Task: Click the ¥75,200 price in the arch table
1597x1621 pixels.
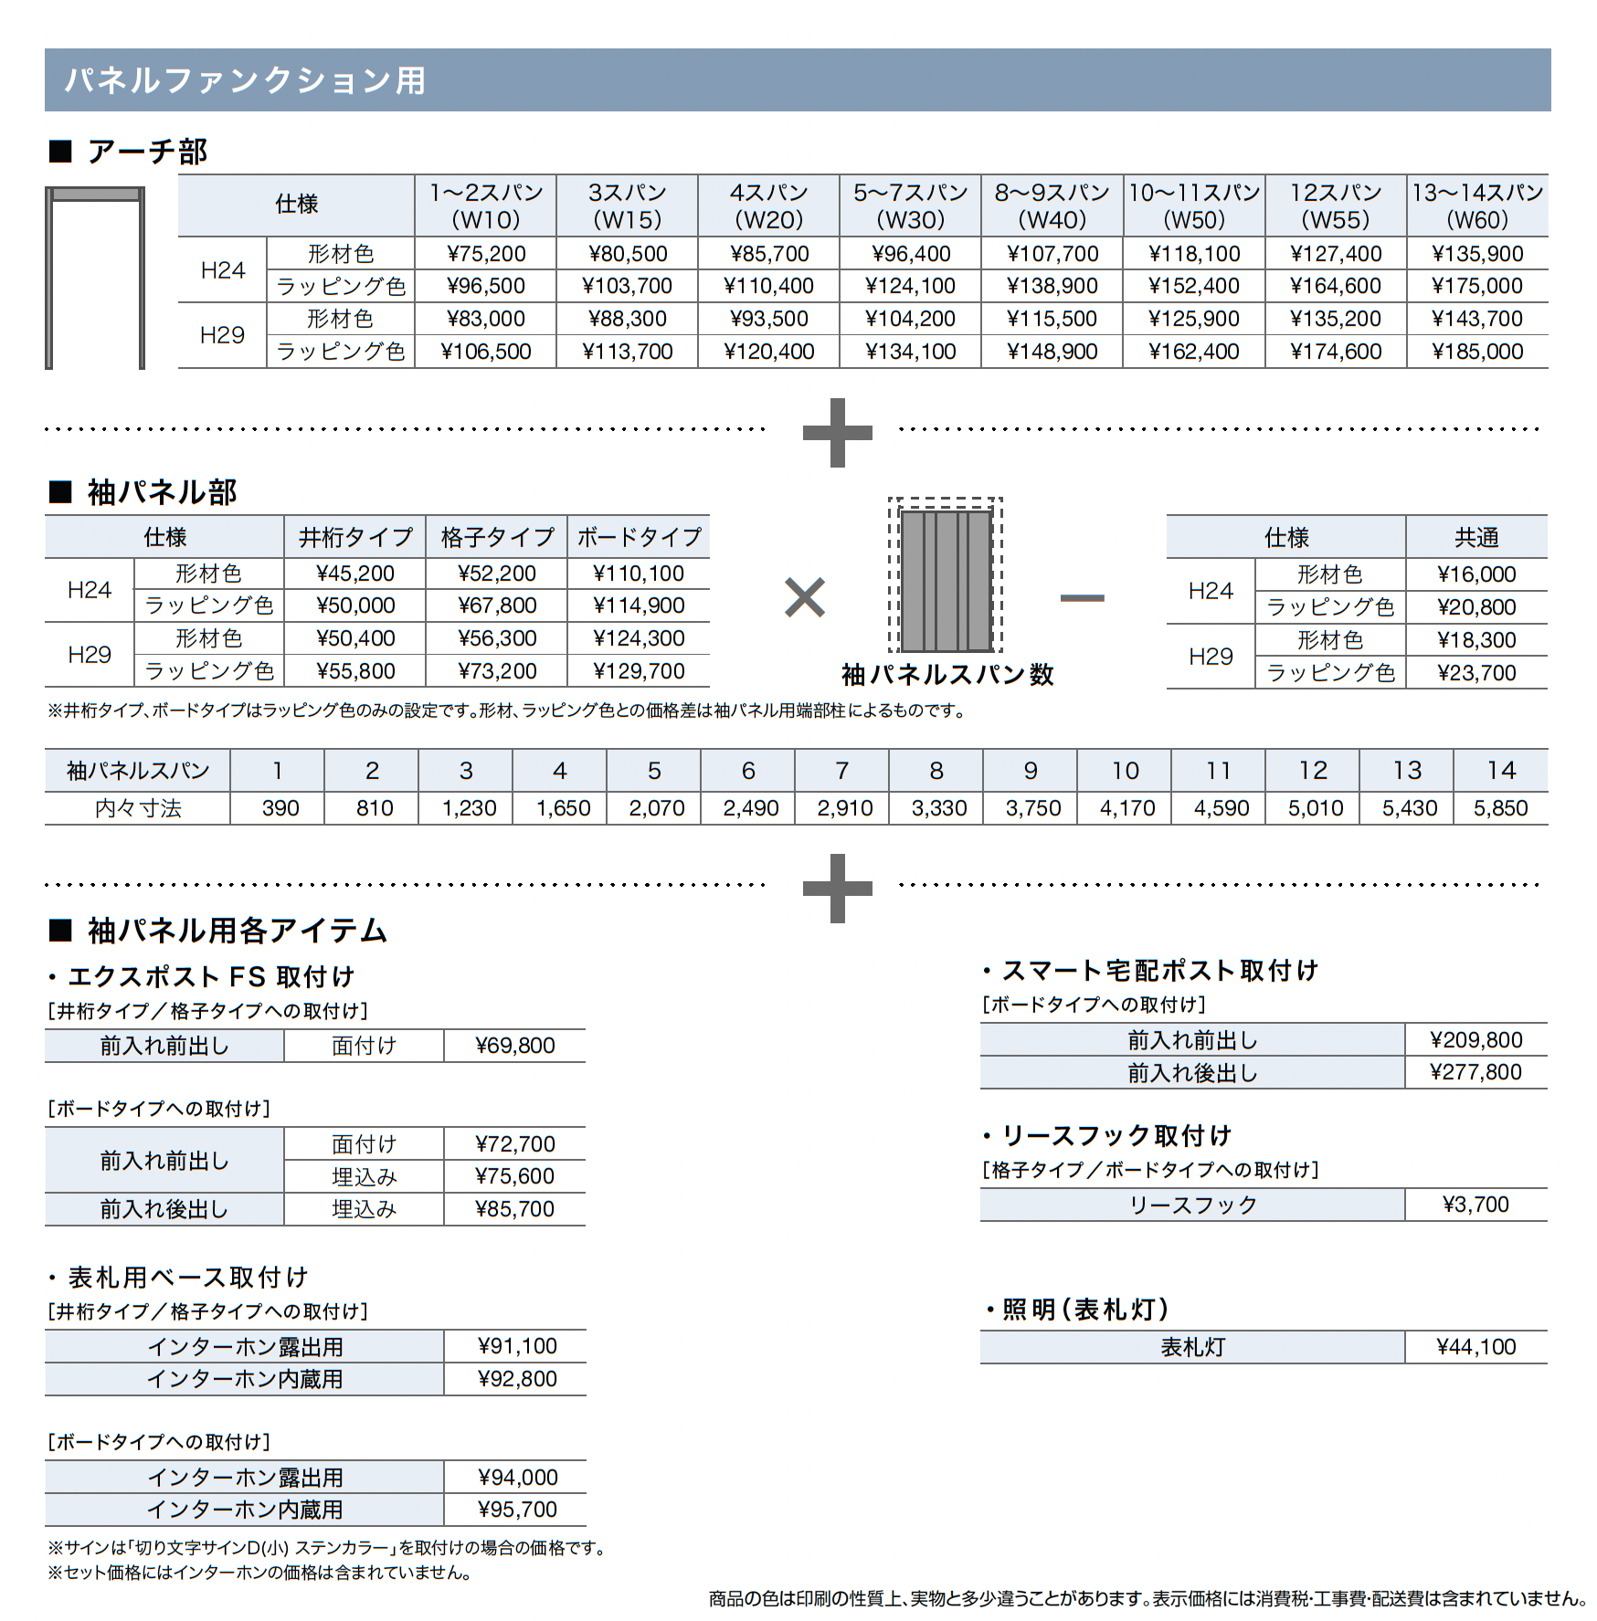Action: (485, 254)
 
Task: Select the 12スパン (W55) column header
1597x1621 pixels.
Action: (1335, 205)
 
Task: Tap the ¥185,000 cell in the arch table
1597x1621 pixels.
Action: (1477, 352)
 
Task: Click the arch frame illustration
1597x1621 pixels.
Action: (95, 278)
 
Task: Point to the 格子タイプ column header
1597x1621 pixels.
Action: (496, 537)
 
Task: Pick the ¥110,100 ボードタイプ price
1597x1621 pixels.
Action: (638, 574)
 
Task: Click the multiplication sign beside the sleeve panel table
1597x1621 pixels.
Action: (804, 598)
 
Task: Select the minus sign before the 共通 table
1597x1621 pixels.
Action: (1082, 598)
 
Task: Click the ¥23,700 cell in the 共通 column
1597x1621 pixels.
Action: (1475, 673)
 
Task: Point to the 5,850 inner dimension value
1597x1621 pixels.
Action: (1500, 808)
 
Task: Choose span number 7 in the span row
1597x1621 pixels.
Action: (841, 771)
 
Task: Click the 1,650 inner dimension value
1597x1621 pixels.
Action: (563, 808)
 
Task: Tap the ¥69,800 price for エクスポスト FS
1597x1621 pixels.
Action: (514, 1046)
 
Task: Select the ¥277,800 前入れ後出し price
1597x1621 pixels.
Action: (1475, 1072)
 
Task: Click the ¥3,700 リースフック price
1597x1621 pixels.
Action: (1475, 1205)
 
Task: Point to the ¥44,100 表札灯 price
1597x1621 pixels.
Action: (1475, 1347)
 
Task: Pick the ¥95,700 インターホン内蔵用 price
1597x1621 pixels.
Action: (517, 1510)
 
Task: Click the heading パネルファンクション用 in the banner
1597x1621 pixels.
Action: (245, 80)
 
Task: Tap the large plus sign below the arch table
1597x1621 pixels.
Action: (837, 432)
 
